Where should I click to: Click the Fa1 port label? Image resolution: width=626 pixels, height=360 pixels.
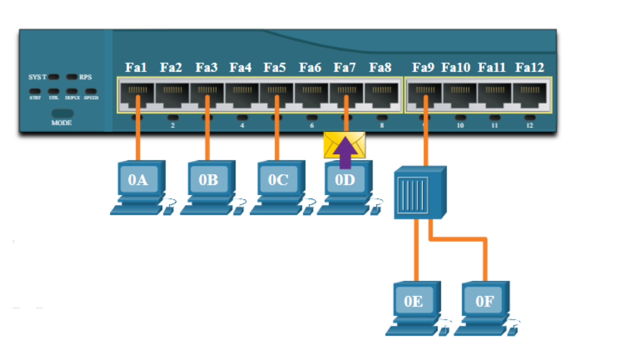pyautogui.click(x=136, y=68)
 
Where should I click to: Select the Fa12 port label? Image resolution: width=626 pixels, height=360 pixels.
pyautogui.click(x=530, y=68)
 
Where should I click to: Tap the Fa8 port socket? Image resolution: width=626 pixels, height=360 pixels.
pyautogui.click(x=381, y=94)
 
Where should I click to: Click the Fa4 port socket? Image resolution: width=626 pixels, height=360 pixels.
pyautogui.click(x=242, y=94)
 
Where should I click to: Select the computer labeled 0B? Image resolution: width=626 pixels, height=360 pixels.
pyautogui.click(x=208, y=186)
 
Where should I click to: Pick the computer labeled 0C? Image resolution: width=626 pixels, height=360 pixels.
pyautogui.click(x=278, y=186)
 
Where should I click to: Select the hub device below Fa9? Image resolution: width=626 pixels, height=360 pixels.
pyautogui.click(x=420, y=192)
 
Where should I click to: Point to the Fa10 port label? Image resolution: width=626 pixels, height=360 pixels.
pyautogui.click(x=456, y=68)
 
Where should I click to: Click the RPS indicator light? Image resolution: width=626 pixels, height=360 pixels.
pyautogui.click(x=72, y=77)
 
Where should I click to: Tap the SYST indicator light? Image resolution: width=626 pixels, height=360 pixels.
pyautogui.click(x=54, y=77)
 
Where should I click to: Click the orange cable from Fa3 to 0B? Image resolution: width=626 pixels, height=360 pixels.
pyautogui.click(x=207, y=133)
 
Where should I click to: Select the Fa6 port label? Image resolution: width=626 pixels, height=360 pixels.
pyautogui.click(x=310, y=68)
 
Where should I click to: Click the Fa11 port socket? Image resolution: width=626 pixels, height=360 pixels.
pyautogui.click(x=495, y=94)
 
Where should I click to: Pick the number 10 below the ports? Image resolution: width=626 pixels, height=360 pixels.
pyautogui.click(x=460, y=126)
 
